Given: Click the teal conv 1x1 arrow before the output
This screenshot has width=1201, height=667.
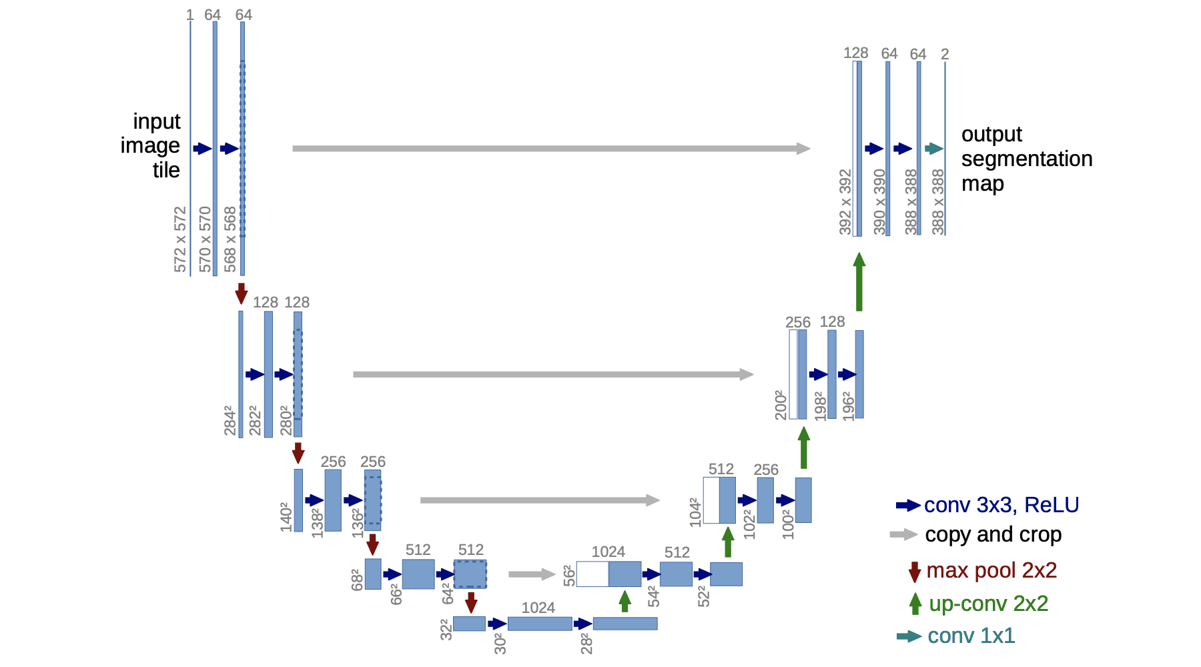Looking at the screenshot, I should click(x=933, y=149).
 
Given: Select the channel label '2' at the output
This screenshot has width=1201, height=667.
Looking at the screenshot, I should click(x=945, y=54).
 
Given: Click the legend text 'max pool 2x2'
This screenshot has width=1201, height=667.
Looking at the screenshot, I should click(x=991, y=570).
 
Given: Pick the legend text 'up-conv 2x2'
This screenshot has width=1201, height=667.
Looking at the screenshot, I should click(x=988, y=604).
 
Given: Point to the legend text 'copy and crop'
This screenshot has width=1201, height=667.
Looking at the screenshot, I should click(x=993, y=534).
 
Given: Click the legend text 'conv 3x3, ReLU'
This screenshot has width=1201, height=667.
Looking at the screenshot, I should click(x=1001, y=505).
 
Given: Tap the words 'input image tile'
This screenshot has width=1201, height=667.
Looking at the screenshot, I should click(x=151, y=145).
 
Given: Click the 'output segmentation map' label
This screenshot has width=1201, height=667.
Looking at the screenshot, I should click(x=1026, y=159).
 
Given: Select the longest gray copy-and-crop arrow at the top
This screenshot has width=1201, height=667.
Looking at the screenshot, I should click(x=550, y=148).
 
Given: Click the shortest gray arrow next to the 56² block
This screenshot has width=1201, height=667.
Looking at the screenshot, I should click(x=531, y=574).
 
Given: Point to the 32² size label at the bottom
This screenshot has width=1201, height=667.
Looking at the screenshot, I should click(x=446, y=629).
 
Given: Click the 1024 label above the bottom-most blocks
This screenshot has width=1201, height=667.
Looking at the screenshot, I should click(x=538, y=608).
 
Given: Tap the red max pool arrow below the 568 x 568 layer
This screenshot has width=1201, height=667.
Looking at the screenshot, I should click(x=242, y=293).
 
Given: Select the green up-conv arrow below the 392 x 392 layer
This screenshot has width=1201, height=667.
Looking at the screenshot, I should click(x=859, y=281).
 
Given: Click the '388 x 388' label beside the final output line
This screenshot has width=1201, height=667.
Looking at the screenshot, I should click(x=938, y=201).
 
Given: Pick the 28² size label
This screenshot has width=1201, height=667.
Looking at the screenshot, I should click(x=586, y=643).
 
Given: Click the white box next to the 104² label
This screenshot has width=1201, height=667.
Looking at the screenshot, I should click(x=711, y=500).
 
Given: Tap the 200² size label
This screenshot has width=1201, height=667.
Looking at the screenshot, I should click(x=781, y=405).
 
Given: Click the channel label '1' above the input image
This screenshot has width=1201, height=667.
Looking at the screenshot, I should click(x=190, y=15).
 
